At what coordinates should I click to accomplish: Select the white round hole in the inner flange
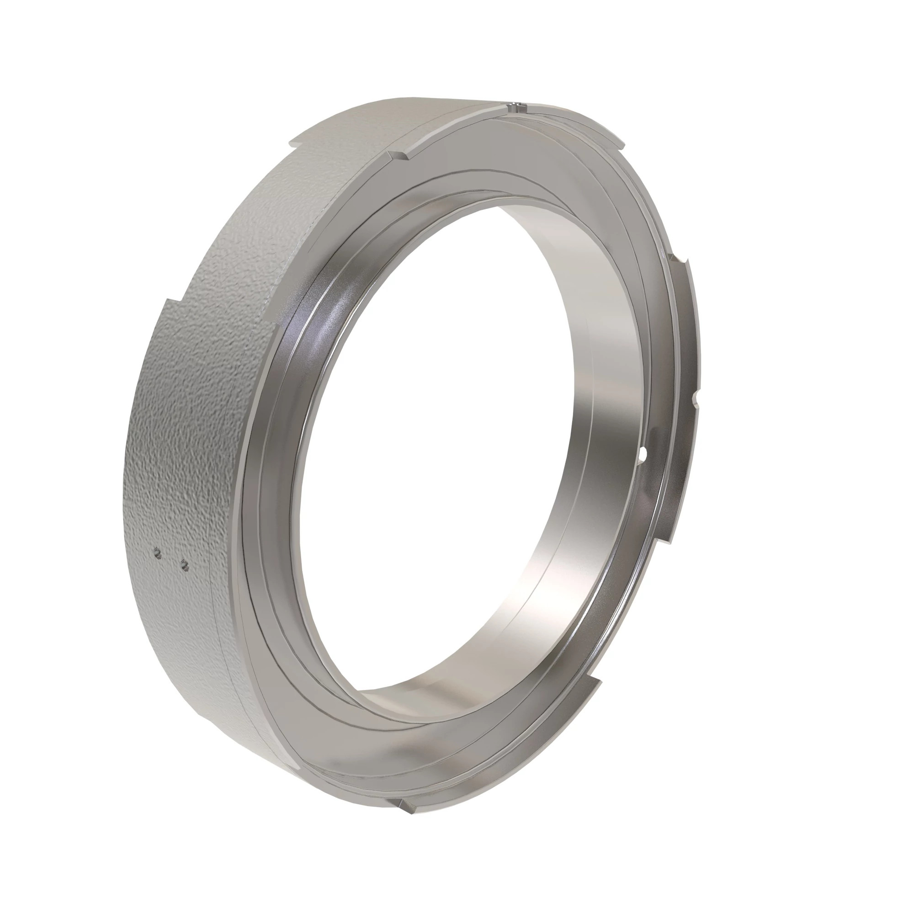[x=643, y=455]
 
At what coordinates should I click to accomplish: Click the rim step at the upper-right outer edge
[x=621, y=140]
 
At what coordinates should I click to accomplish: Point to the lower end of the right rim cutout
[x=666, y=539]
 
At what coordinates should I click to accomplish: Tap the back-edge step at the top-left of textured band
[x=294, y=141]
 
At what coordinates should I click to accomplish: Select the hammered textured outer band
[x=189, y=426]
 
